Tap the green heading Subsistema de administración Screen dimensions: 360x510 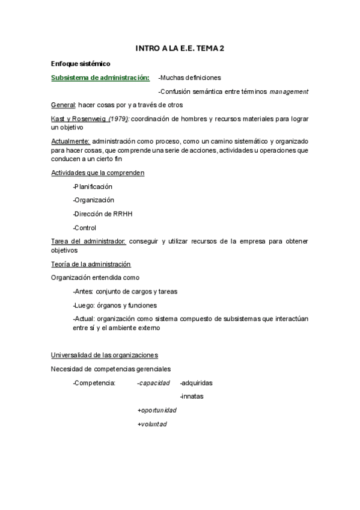point(100,78)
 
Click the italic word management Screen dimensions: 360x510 point(289,91)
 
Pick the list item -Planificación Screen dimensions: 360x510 point(93,186)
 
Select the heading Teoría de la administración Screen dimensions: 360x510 point(91,264)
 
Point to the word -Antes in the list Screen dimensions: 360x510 point(83,292)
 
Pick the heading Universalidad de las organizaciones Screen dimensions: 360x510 point(105,355)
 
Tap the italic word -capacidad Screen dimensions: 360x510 point(154,382)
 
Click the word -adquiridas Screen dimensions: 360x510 point(196,382)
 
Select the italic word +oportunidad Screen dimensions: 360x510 point(157,410)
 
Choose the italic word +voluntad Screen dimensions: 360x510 point(152,424)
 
